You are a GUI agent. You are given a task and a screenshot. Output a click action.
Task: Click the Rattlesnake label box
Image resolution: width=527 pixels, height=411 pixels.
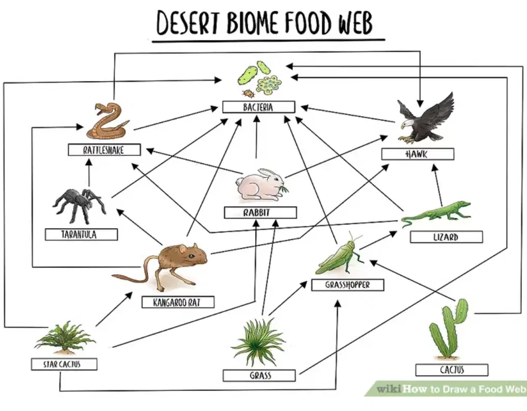pyautogui.click(x=104, y=150)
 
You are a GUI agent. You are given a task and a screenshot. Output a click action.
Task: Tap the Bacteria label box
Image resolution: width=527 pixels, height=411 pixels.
pyautogui.click(x=259, y=107)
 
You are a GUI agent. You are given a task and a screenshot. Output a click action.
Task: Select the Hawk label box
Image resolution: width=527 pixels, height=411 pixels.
pyautogui.click(x=418, y=154)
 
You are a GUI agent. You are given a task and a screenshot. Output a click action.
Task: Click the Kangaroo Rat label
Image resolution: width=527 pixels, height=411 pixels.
pyautogui.click(x=178, y=302)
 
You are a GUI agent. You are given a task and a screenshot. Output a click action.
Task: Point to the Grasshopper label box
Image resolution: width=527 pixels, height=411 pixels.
pyautogui.click(x=348, y=285)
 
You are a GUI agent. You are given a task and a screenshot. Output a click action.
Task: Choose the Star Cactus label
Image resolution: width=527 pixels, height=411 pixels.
pyautogui.click(x=64, y=364)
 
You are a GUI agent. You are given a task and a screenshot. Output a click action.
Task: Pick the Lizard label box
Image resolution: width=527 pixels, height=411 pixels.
pyautogui.click(x=446, y=236)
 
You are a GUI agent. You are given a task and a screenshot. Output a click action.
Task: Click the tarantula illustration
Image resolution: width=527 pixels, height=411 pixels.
pyautogui.click(x=79, y=206)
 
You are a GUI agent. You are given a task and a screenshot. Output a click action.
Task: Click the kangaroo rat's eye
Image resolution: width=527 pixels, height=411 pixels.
pyautogui.click(x=191, y=256)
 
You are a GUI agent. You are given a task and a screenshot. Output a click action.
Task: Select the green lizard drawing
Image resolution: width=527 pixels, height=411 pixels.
pyautogui.click(x=436, y=214)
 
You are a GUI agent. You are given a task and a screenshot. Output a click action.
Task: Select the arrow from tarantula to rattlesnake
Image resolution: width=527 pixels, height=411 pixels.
pyautogui.click(x=89, y=173)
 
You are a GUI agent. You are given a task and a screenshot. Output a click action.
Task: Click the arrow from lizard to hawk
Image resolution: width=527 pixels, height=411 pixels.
pyautogui.click(x=437, y=185)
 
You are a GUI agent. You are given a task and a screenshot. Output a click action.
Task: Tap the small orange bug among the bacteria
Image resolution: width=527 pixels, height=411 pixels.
pyautogui.click(x=248, y=93)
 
